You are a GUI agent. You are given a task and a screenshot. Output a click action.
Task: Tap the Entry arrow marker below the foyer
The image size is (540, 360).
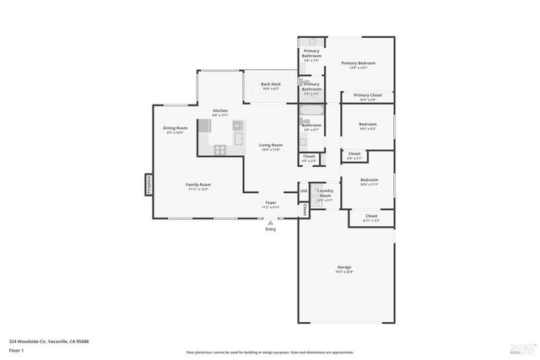(x=270, y=223)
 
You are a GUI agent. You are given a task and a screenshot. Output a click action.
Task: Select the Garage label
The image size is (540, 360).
(x=344, y=268)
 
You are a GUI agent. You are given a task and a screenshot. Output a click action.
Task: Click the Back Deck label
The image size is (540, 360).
(x=271, y=85)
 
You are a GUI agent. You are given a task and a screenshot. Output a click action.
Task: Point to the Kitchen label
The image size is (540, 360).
(x=220, y=112)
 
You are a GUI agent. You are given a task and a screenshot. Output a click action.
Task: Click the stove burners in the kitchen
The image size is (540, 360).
(x=220, y=149)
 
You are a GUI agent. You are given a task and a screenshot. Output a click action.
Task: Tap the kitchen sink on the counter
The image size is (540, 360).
(x=239, y=137)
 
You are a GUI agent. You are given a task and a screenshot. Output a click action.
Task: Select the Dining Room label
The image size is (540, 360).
(x=175, y=130)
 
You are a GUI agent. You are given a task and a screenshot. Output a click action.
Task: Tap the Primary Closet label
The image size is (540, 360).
(x=368, y=96)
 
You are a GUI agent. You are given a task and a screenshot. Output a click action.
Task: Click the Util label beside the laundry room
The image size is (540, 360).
(x=303, y=191)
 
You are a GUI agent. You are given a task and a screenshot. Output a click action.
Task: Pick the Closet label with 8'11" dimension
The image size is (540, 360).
(x=371, y=218)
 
